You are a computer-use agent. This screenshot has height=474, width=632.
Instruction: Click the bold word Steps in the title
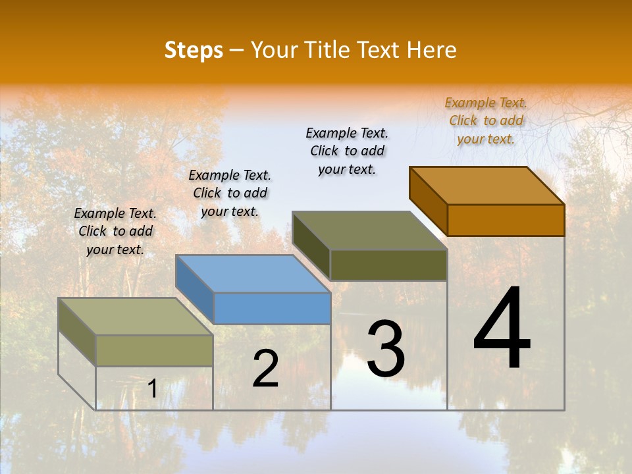(x=194, y=50)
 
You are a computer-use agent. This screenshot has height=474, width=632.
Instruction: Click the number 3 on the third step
(x=386, y=349)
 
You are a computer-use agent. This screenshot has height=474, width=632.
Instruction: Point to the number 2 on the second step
(x=265, y=369)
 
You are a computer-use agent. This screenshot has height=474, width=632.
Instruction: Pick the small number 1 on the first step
(x=152, y=389)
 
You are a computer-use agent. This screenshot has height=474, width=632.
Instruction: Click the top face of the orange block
(x=487, y=185)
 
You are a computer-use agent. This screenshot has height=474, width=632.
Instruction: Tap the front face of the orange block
(x=506, y=220)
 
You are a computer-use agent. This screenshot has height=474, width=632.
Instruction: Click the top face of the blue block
(x=253, y=273)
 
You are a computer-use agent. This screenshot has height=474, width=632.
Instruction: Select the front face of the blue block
(x=272, y=308)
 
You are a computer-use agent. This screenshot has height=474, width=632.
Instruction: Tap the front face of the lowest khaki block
(x=154, y=350)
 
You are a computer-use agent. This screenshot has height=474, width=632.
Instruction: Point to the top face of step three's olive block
(x=369, y=230)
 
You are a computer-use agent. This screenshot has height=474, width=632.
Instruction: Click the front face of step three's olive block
(x=388, y=265)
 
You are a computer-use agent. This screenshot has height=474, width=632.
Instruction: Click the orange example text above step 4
(x=486, y=120)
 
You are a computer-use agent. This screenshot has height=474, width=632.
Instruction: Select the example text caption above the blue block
(x=230, y=193)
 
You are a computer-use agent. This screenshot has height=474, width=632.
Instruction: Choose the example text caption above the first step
(x=115, y=231)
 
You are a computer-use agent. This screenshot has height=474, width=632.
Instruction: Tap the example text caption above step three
(x=347, y=151)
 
